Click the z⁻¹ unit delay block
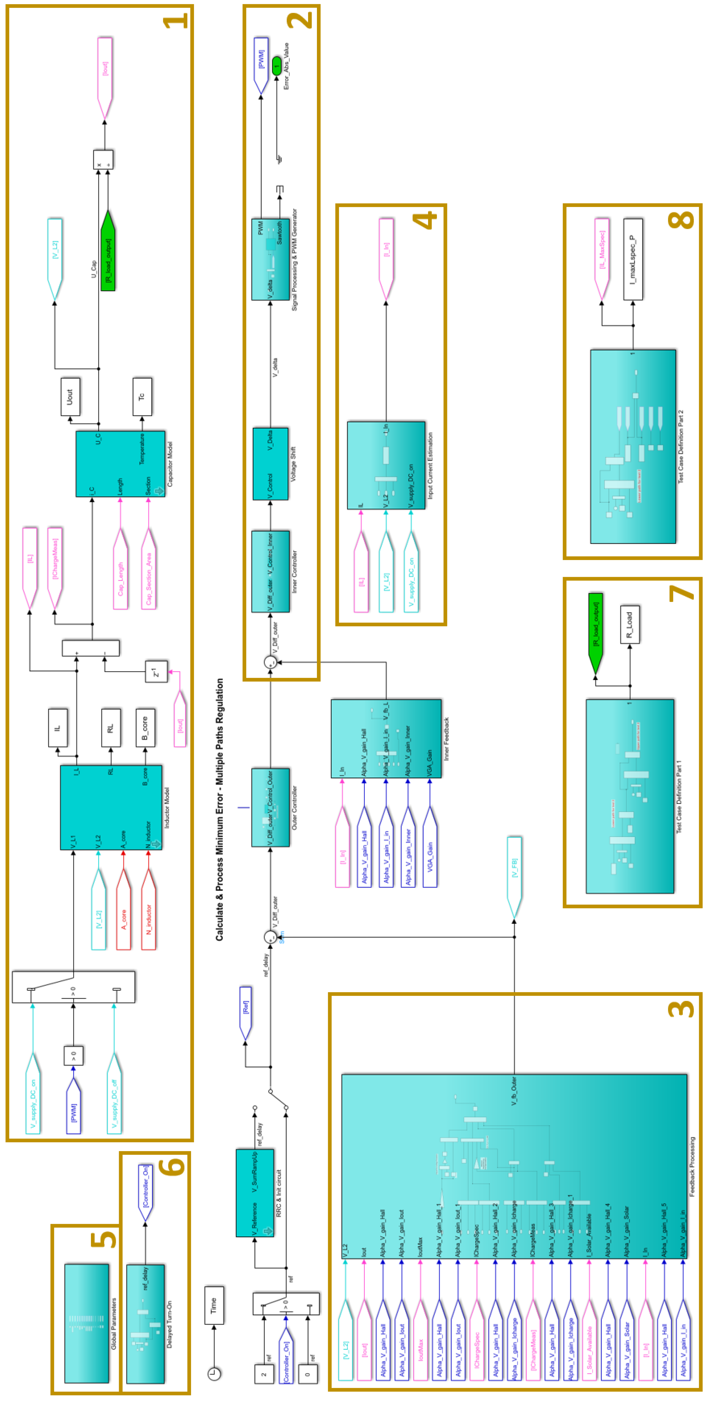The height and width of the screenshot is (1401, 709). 156,672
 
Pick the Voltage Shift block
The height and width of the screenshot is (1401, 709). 270,463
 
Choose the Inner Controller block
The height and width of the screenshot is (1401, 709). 270,571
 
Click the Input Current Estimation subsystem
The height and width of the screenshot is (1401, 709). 386,465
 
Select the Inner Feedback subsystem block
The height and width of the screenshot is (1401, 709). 386,738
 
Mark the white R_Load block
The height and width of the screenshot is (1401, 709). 630,624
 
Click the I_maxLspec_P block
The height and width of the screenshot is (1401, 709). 633,259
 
